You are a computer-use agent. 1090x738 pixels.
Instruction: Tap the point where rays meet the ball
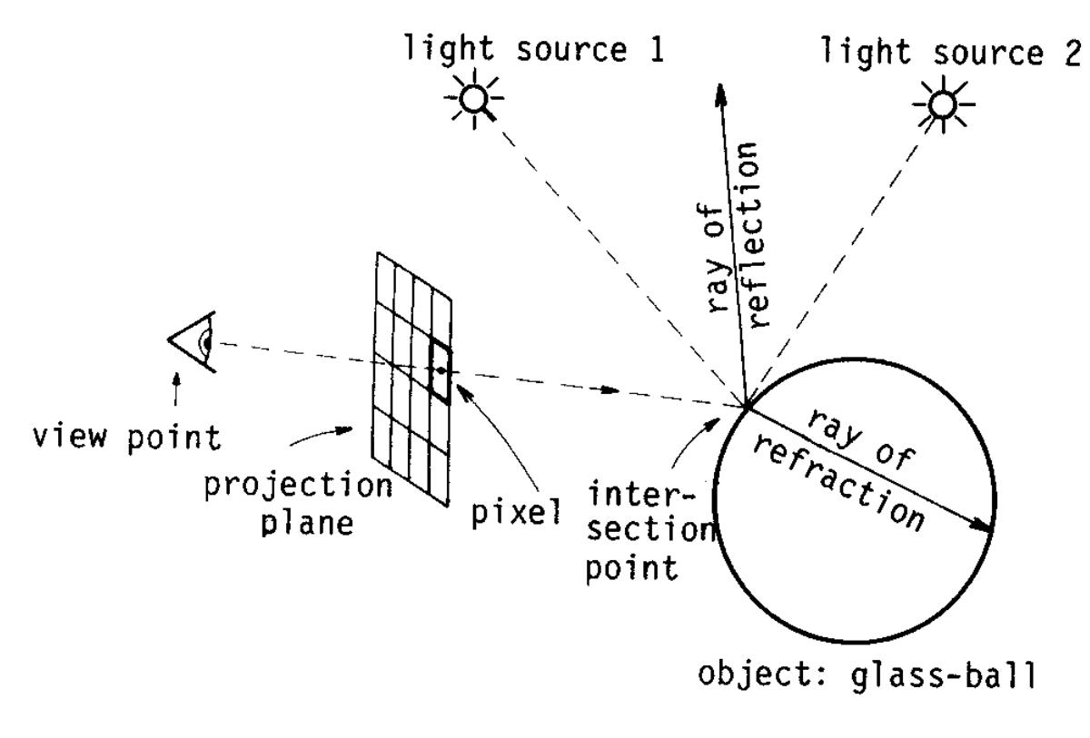(x=745, y=405)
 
